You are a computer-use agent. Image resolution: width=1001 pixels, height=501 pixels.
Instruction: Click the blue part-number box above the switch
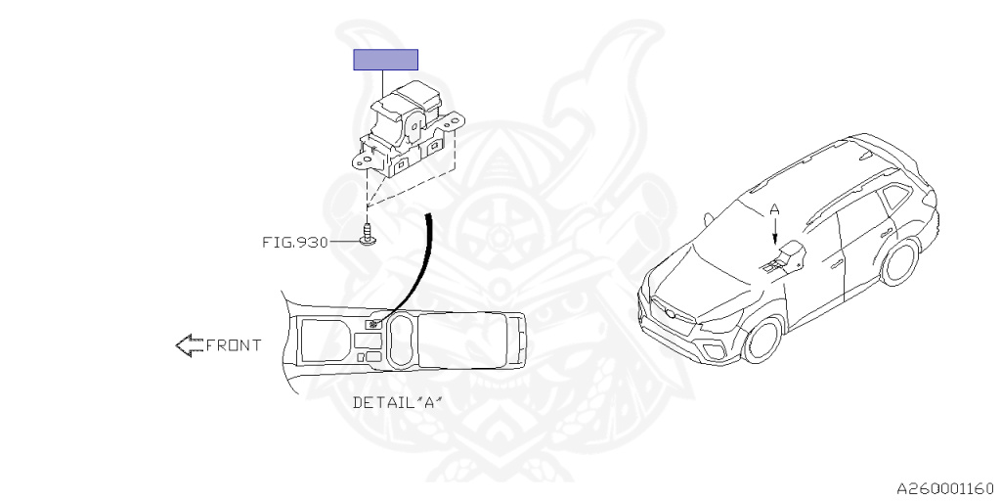coord(385,60)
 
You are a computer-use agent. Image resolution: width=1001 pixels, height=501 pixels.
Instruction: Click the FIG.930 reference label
coord(295,241)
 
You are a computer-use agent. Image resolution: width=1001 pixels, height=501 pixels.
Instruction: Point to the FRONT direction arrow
coord(188,344)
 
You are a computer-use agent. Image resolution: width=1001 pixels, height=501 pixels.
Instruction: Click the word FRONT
coord(234,344)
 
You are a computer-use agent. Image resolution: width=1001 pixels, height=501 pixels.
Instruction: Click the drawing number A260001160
coord(945,486)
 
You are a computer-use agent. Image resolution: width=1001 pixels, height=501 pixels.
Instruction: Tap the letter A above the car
coord(774,209)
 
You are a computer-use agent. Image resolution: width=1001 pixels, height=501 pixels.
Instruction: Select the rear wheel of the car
coord(899,261)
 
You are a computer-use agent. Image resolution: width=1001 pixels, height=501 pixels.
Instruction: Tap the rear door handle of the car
coord(891,233)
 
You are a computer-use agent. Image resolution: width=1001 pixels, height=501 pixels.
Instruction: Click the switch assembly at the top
coord(411,132)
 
